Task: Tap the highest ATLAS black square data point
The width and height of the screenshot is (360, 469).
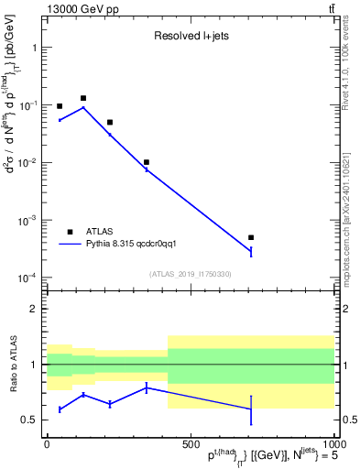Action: tap(83, 98)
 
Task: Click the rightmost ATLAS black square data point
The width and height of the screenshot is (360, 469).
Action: tap(251, 237)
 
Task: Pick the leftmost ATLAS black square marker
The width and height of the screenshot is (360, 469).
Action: tap(60, 106)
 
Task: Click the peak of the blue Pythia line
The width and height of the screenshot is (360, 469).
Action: tap(83, 107)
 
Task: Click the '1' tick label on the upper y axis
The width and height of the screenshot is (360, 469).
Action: tap(34, 47)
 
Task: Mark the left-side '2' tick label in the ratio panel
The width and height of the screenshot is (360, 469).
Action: tap(34, 310)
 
